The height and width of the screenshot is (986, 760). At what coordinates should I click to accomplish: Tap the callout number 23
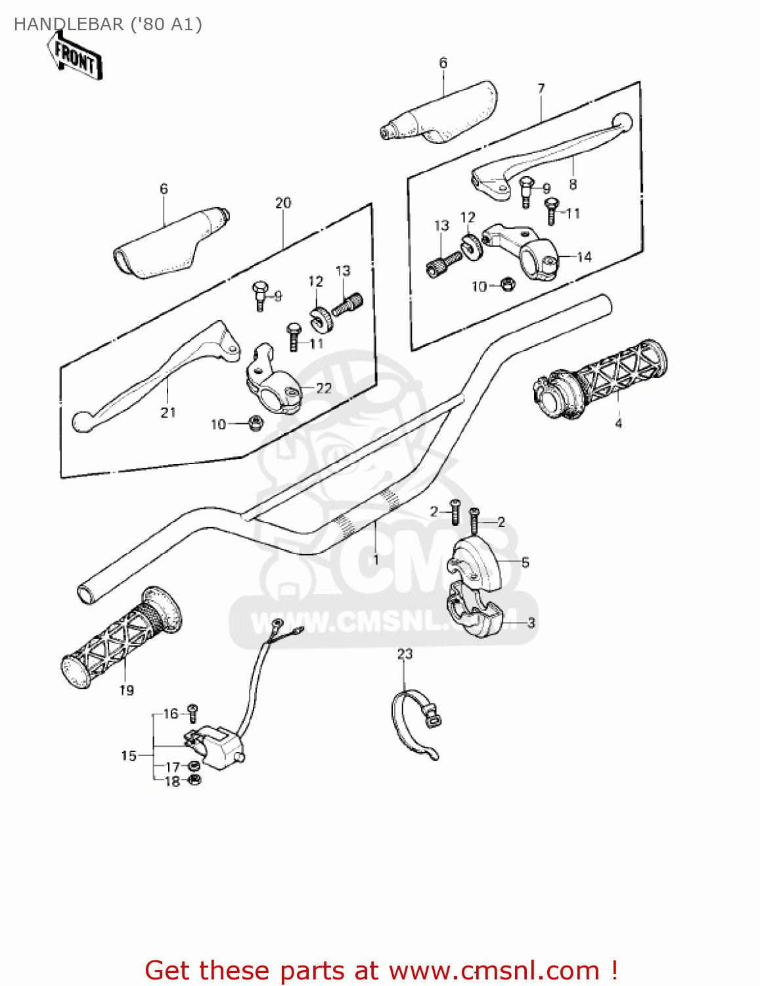coord(405,653)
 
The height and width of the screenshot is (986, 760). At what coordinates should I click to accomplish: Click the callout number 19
coord(127,690)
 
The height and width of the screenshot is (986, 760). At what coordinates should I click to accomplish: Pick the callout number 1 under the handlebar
coord(376,560)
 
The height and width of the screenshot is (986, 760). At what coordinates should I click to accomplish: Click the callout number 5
coord(525,563)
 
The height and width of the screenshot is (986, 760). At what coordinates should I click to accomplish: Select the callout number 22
coord(324,388)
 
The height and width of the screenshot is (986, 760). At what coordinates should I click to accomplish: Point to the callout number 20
coord(283,203)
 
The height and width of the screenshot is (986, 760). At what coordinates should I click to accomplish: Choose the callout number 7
coord(541,88)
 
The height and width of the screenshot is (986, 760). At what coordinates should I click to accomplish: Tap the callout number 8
coord(573,185)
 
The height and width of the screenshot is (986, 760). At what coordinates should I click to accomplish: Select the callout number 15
coord(129,756)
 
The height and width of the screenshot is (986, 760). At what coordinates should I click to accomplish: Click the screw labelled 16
coord(192,710)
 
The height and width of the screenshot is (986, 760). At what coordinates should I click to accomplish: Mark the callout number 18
coord(172,781)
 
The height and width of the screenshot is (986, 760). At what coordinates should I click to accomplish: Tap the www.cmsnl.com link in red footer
coord(494,970)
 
